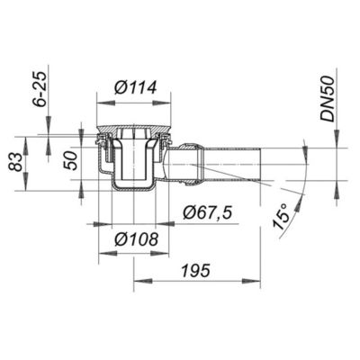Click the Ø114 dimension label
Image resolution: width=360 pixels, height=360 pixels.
(x=135, y=88)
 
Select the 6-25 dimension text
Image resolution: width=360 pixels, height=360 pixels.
(x=40, y=89)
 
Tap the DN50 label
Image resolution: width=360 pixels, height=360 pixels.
(x=328, y=99)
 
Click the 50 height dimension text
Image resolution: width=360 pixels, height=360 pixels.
(x=72, y=161)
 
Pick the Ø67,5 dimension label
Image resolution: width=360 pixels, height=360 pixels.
(x=208, y=213)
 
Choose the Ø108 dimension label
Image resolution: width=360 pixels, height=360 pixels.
(x=136, y=239)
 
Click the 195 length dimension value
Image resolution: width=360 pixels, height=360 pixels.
(x=197, y=271)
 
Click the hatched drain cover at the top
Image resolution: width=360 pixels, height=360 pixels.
(x=134, y=129)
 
